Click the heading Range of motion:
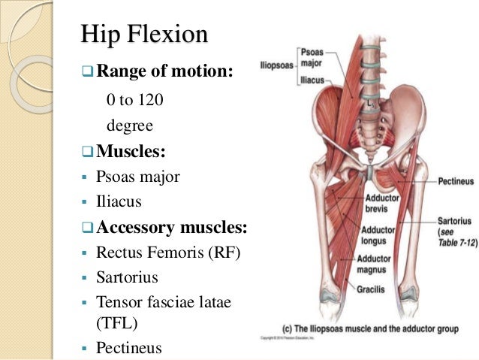[164, 72]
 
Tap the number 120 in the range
[152, 99]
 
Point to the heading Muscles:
[131, 151]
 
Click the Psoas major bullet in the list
[138, 177]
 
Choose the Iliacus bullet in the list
[119, 201]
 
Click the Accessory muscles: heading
[172, 227]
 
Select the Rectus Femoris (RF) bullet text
[168, 253]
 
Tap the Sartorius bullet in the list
[127, 277]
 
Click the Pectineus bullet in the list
[129, 347]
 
